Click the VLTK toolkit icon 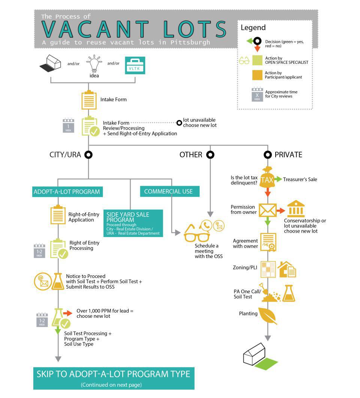[x=135, y=65]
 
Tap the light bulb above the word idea [x=94, y=63]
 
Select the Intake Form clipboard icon [x=89, y=100]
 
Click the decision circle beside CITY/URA [x=88, y=155]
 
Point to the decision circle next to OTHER [x=210, y=155]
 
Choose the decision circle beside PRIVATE [x=268, y=155]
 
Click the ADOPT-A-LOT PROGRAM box [x=67, y=192]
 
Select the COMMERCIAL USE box [x=170, y=191]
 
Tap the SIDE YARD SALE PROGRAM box [x=133, y=223]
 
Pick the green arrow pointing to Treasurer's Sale [x=279, y=179]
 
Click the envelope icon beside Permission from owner [x=267, y=210]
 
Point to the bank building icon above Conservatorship [x=296, y=209]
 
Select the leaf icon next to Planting [x=268, y=315]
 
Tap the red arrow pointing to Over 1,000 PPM [x=68, y=313]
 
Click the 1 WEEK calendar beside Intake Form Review [x=69, y=125]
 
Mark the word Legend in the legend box [x=253, y=27]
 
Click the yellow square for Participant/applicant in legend [x=257, y=75]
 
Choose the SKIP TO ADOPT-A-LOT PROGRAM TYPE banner [x=114, y=378]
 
